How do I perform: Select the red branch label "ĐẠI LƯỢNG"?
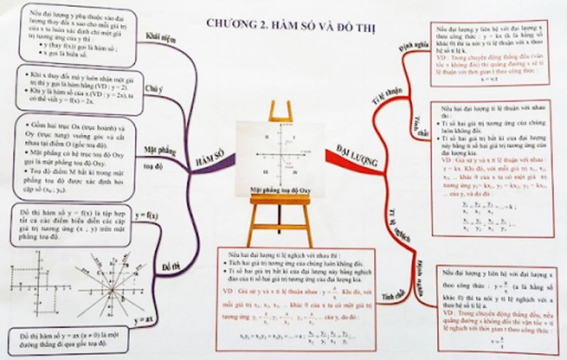click(x=357, y=156)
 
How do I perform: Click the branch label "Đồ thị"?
click(x=172, y=267)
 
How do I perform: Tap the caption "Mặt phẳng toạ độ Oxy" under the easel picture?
click(x=280, y=189)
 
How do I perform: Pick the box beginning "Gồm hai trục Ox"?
click(x=75, y=157)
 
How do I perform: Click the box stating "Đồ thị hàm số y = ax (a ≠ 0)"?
click(x=69, y=340)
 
